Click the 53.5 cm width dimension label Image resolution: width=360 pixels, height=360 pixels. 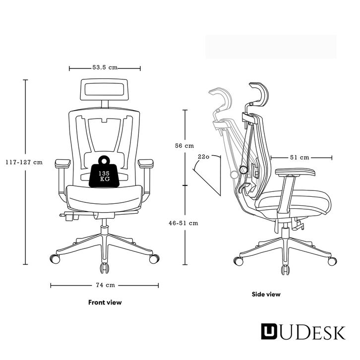click(105, 68)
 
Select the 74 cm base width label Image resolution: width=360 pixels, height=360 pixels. click(105, 285)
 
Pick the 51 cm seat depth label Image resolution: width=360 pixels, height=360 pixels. click(300, 158)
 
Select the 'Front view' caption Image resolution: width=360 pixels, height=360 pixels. click(105, 302)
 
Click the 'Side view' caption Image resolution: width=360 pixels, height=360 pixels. click(266, 294)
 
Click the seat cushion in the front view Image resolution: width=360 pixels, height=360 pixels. click(105, 196)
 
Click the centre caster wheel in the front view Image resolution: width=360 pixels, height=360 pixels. click(105, 268)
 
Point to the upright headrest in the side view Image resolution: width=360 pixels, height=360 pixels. click(259, 94)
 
